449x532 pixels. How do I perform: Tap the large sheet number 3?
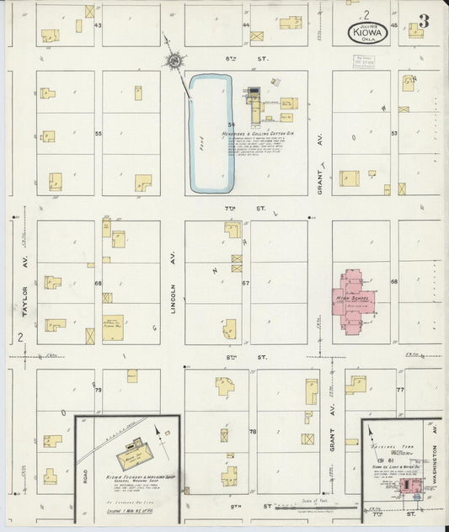tap(423, 22)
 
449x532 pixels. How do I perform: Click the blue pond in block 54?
tap(210, 132)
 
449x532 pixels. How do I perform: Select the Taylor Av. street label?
tap(25, 298)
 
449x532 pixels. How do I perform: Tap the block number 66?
tap(98, 284)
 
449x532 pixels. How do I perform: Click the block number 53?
tap(393, 133)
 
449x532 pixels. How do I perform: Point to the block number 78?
tap(252, 431)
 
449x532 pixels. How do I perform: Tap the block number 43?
tap(98, 25)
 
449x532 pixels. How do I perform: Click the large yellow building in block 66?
tap(113, 327)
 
